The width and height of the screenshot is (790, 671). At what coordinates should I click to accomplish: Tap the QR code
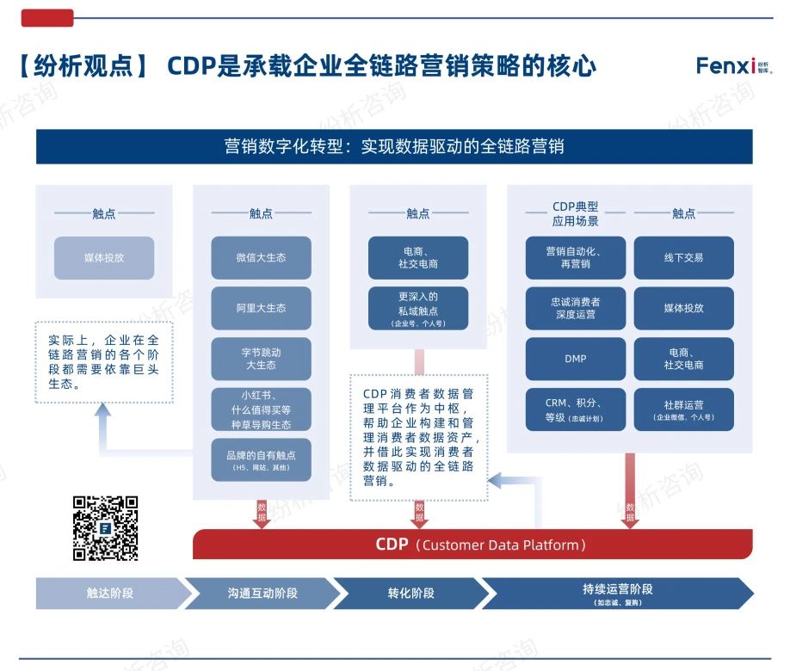pyautogui.click(x=105, y=528)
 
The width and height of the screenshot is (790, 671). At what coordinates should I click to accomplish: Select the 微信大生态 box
pyautogui.click(x=261, y=258)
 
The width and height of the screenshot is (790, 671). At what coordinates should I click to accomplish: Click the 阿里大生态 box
pyautogui.click(x=261, y=308)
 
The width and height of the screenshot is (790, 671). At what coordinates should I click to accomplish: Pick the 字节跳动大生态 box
pyautogui.click(x=261, y=359)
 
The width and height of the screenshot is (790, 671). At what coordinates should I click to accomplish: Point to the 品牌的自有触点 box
pyautogui.click(x=261, y=459)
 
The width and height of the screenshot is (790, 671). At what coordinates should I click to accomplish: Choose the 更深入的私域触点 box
pyautogui.click(x=418, y=308)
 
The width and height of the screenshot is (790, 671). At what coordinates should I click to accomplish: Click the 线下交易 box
pyautogui.click(x=683, y=258)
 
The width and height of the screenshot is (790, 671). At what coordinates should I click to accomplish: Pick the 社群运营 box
pyautogui.click(x=683, y=409)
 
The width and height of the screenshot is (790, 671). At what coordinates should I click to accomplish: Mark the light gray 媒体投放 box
pyautogui.click(x=104, y=258)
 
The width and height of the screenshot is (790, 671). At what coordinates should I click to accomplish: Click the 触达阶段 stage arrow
pyautogui.click(x=110, y=593)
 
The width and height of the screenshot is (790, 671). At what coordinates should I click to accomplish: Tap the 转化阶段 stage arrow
pyautogui.click(x=411, y=593)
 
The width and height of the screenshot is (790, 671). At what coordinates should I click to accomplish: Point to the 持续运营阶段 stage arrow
pyautogui.click(x=617, y=593)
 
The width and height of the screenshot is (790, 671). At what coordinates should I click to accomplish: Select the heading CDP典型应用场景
pyautogui.click(x=575, y=213)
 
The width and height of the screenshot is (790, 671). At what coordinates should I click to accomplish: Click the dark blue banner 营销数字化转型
pyautogui.click(x=394, y=146)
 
